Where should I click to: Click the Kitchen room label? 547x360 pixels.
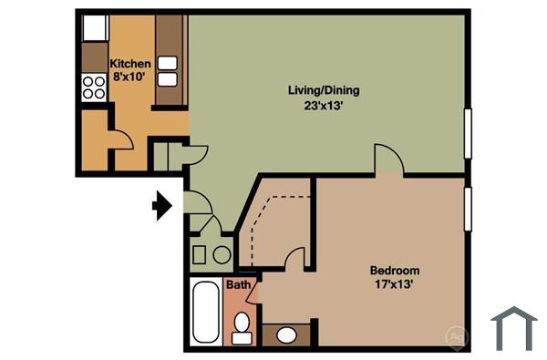pyautogui.click(x=130, y=64)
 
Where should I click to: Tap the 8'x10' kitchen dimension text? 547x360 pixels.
pyautogui.click(x=130, y=77)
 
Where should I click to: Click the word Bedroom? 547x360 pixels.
pyautogui.click(x=394, y=271)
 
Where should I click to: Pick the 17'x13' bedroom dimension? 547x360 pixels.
pyautogui.click(x=394, y=285)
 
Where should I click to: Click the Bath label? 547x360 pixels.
pyautogui.click(x=238, y=285)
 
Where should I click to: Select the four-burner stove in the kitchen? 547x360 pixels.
pyautogui.click(x=93, y=87)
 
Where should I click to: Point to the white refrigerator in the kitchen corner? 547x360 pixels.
pyautogui.click(x=95, y=27)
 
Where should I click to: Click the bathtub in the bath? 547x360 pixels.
pyautogui.click(x=206, y=312)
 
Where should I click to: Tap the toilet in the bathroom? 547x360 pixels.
pyautogui.click(x=242, y=326)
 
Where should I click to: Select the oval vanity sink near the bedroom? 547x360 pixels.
pyautogui.click(x=286, y=335)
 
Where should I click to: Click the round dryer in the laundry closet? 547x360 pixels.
pyautogui.click(x=222, y=254)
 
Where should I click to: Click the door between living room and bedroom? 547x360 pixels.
pyautogui.click(x=388, y=159)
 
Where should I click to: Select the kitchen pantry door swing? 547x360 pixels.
pyautogui.click(x=119, y=137)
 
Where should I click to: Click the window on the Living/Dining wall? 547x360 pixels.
pyautogui.click(x=469, y=137)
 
